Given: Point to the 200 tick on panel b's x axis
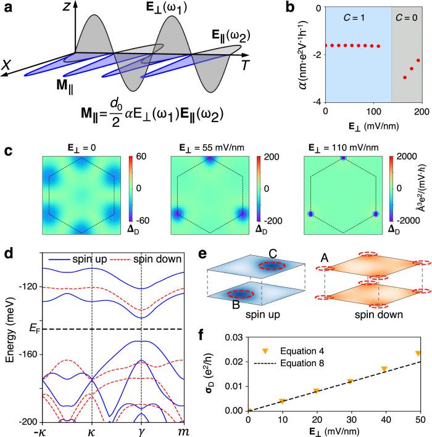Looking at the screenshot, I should (421, 113).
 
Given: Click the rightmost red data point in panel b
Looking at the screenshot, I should (418, 60).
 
